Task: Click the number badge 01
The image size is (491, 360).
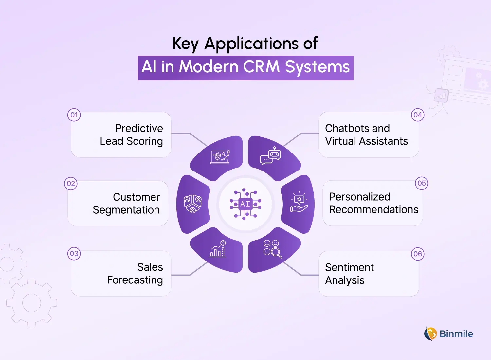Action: point(74,115)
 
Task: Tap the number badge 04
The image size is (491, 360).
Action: point(418,115)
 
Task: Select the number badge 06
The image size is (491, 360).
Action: point(418,254)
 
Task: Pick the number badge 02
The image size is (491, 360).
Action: point(71,184)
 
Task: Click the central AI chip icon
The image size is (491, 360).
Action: point(245,204)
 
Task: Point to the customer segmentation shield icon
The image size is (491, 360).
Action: point(192,204)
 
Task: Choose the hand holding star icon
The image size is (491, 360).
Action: point(299,202)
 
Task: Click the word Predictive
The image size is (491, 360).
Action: point(139,128)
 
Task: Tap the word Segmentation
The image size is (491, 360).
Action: point(126,210)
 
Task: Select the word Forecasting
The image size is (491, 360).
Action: point(135,280)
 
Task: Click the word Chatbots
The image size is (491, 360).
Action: point(347,128)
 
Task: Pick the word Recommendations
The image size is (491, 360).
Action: point(373,209)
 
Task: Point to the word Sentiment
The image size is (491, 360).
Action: point(349,267)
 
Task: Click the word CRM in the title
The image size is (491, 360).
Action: point(261,67)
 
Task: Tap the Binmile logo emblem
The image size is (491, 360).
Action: point(430,334)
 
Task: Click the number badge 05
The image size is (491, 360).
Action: point(422,183)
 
